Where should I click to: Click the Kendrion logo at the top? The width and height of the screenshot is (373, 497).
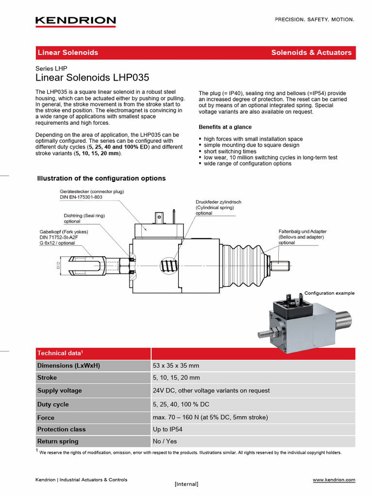click(75, 21)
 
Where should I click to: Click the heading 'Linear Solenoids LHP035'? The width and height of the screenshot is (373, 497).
click(92, 78)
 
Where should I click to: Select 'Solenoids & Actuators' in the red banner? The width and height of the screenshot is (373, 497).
click(311, 52)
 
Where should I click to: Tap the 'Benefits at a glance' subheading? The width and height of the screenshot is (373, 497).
click(225, 127)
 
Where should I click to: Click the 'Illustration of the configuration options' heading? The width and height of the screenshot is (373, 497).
click(102, 179)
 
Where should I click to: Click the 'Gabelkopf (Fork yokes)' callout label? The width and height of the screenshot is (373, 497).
click(64, 232)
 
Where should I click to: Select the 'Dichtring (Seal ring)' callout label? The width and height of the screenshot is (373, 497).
click(85, 215)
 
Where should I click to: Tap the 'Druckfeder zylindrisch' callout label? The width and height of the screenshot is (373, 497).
click(219, 202)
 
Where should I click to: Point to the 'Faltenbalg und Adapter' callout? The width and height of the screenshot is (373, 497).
click(302, 232)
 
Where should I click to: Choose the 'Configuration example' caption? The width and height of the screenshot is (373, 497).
click(329, 293)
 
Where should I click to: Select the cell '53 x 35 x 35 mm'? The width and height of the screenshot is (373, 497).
click(176, 365)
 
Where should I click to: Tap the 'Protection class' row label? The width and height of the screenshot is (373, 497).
click(61, 429)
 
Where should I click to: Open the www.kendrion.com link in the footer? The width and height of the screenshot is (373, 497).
click(334, 480)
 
